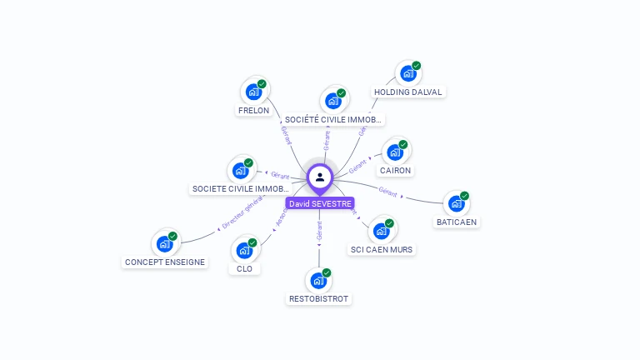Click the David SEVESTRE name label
[320, 203]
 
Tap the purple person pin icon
[320, 177]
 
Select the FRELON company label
[252, 110]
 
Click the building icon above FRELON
[252, 91]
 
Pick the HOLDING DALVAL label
[408, 92]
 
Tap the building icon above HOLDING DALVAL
[407, 73]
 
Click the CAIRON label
[395, 170]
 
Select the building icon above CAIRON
[395, 152]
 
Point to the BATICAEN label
[457, 222]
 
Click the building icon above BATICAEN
[455, 203]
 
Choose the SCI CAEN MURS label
[382, 249]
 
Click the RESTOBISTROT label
[319, 298]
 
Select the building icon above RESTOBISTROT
[318, 280]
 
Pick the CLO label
[244, 268]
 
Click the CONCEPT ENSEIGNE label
[164, 262]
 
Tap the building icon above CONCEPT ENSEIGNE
[164, 243]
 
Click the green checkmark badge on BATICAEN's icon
[464, 196]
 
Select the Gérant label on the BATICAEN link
[387, 191]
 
